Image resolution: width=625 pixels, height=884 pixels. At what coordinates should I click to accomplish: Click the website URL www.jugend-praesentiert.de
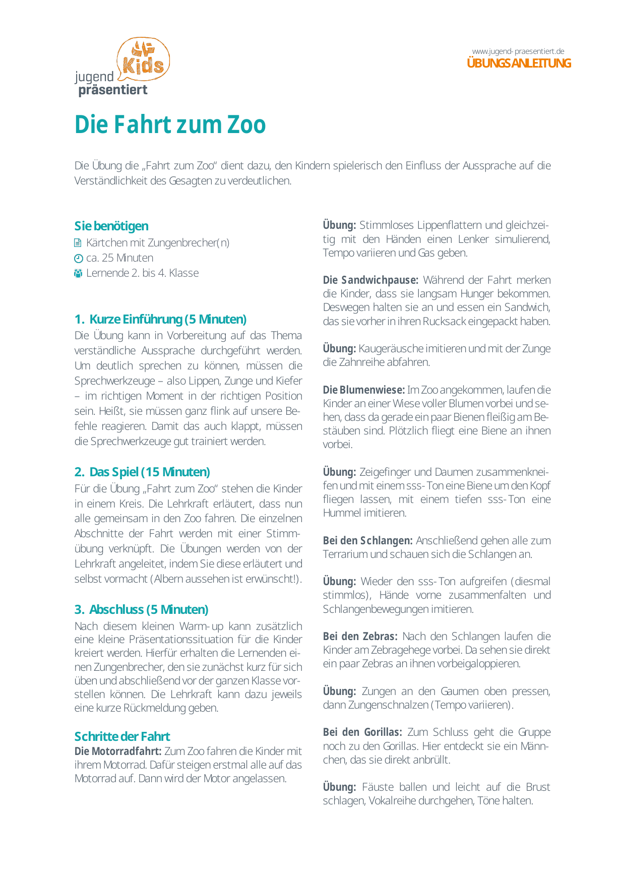coord(518,51)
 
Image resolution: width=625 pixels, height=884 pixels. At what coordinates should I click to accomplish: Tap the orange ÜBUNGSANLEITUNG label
coord(519,64)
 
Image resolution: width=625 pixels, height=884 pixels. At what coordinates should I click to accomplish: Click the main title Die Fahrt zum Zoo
coord(170,124)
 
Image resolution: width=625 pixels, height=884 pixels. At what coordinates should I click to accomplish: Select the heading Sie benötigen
coord(111,226)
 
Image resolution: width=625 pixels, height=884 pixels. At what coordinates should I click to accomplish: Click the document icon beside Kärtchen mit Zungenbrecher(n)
coord(78,243)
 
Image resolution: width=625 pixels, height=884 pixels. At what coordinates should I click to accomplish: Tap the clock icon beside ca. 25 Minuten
coord(78,259)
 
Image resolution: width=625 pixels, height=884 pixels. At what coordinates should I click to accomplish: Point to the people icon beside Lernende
coord(78,274)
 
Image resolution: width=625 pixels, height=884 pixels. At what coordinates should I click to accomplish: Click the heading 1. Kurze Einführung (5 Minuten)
coord(160,319)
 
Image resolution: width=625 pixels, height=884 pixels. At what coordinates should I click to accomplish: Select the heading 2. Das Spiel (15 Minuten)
coord(142,472)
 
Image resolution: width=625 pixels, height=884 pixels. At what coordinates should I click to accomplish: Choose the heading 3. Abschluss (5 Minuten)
coord(141,609)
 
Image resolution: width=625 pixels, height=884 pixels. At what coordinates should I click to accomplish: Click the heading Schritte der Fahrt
coord(122,736)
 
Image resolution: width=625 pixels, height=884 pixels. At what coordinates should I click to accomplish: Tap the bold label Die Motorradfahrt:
coord(118,751)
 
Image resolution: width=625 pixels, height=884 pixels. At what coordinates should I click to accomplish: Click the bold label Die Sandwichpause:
coord(370,280)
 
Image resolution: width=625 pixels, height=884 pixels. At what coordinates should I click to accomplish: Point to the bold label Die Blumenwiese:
coord(363,390)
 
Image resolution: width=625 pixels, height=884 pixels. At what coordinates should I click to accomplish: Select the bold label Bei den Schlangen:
coord(367,540)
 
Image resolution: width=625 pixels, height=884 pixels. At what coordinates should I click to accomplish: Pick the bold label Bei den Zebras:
coord(360,636)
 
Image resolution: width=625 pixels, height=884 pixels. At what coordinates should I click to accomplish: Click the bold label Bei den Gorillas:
coord(362,732)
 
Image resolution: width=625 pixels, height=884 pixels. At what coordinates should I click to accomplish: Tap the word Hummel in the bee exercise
coord(342,513)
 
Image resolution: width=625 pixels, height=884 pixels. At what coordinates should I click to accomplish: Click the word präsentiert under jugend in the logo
coord(113,90)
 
